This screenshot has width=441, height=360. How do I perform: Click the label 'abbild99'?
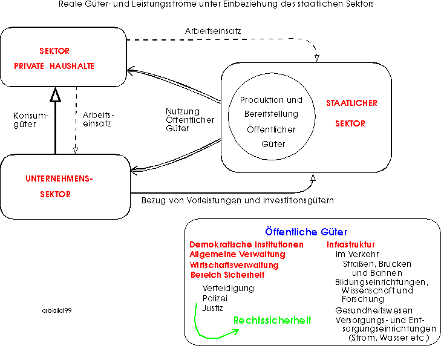pos(57,310)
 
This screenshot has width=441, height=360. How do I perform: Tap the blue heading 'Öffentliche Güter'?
pos(306,232)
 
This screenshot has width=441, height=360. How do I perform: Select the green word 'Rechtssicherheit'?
pos(272,320)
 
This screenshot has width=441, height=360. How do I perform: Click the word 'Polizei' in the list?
pos(215,298)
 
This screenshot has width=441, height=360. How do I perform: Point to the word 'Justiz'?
pos(212,308)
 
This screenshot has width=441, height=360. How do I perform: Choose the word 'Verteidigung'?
pos(228,288)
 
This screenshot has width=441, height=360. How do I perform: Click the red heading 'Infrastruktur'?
pos(351,244)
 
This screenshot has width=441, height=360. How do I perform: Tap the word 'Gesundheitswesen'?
pos(374,310)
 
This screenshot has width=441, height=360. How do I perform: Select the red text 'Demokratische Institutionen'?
pos(246,244)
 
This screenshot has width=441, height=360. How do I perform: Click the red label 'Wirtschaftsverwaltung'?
pos(234,265)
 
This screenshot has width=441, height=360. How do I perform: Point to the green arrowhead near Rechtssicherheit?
pos(235,332)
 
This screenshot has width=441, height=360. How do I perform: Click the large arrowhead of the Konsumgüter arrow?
pos(56,94)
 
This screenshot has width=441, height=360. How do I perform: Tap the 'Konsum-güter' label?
pos(31,120)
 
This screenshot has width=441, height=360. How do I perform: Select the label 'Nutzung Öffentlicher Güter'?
pos(190,120)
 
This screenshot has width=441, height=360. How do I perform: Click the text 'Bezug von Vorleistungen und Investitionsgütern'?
pos(238,200)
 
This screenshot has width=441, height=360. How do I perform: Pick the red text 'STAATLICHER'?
pos(351,103)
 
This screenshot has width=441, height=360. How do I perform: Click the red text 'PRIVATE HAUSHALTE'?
pos(54,66)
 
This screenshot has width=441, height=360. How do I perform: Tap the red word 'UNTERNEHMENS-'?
pos(59,178)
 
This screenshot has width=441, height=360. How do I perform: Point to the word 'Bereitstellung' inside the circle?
pos(271,114)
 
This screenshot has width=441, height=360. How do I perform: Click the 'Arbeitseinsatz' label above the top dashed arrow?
pos(213,31)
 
